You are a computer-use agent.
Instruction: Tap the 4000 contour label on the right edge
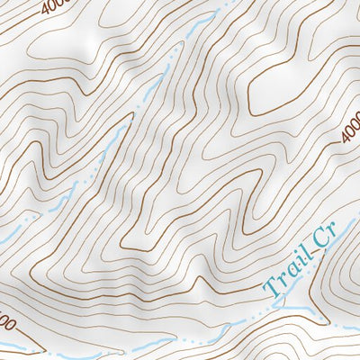point(350,130)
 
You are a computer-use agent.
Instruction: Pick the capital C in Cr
point(318,246)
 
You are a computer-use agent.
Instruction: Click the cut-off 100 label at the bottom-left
point(6,320)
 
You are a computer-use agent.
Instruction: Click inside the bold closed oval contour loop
point(279,85)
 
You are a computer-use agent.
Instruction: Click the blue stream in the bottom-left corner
point(18,347)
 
